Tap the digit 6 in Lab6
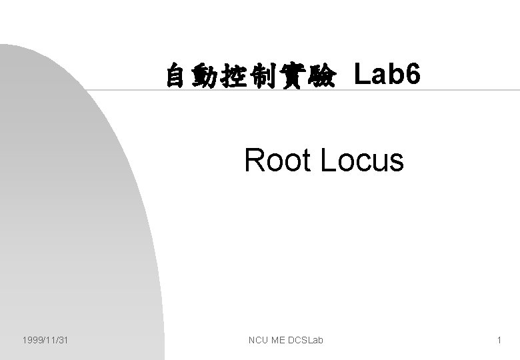click(413, 76)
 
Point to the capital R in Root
click(253, 160)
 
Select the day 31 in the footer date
click(64, 341)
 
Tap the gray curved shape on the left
click(73, 220)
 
